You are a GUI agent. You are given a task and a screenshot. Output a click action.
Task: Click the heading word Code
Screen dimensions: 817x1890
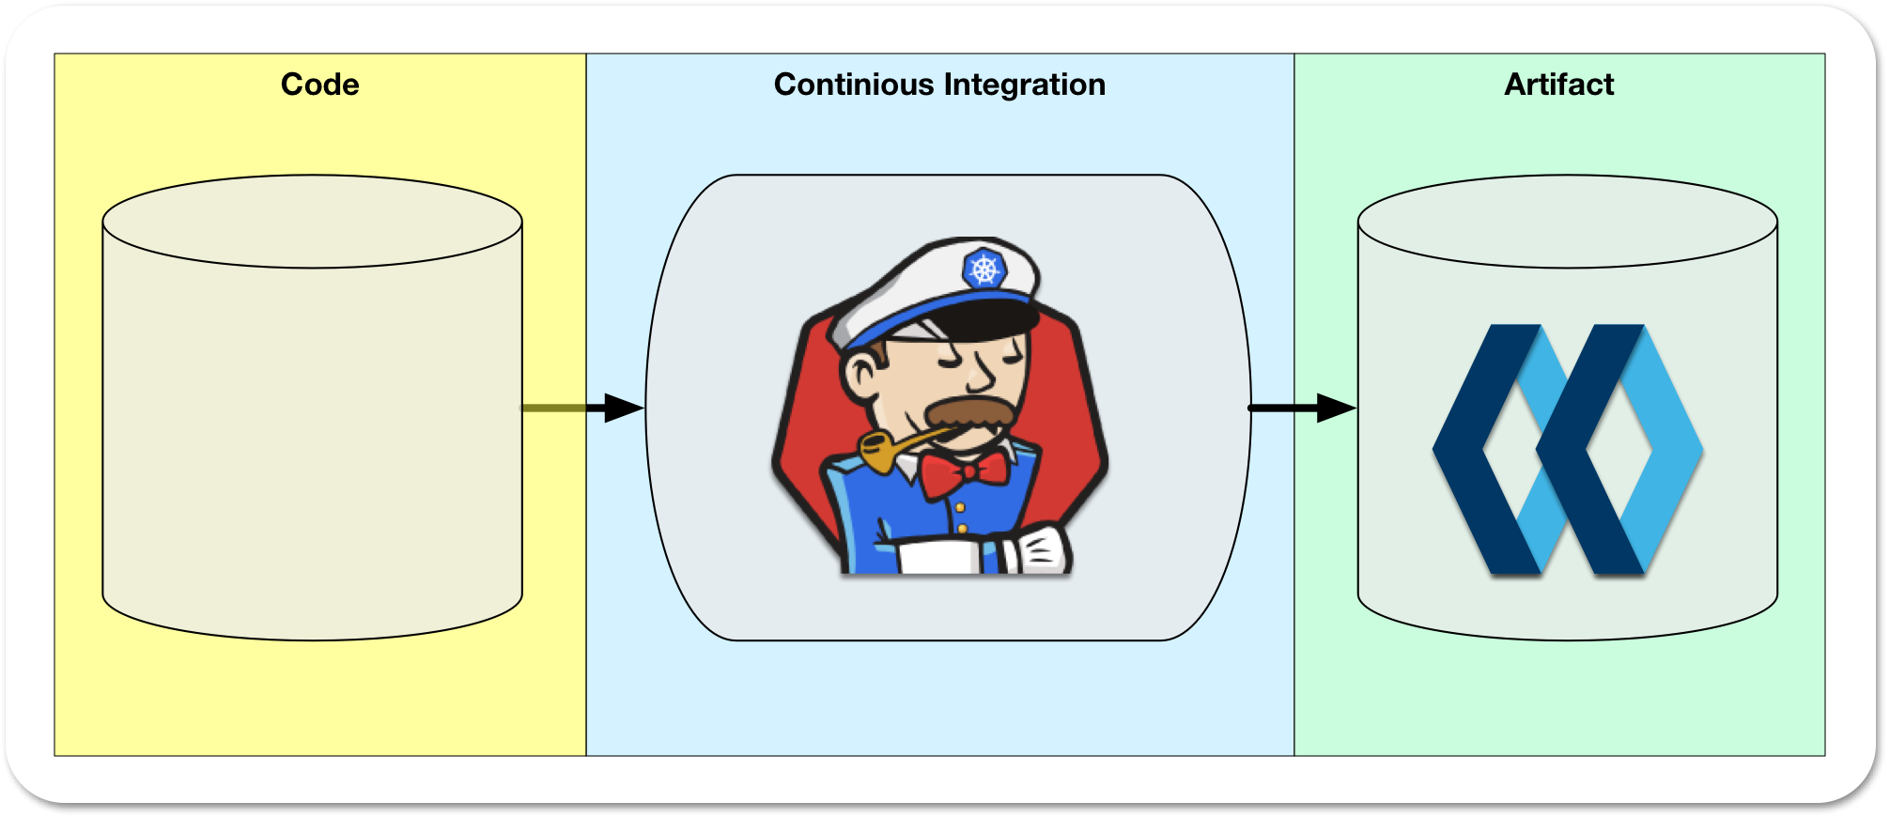pos(319,85)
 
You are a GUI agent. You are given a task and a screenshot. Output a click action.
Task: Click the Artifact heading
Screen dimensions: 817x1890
pos(1558,85)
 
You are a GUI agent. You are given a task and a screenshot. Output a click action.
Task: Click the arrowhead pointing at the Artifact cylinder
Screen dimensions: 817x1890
pos(1335,408)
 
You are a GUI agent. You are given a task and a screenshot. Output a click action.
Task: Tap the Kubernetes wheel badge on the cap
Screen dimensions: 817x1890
pos(984,270)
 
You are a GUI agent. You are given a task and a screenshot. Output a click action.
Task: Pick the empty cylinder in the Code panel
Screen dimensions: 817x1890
pos(312,432)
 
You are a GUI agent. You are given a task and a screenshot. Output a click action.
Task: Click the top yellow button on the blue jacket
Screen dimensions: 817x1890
pos(959,507)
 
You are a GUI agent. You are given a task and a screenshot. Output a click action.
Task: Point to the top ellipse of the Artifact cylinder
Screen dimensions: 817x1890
pos(1567,222)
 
